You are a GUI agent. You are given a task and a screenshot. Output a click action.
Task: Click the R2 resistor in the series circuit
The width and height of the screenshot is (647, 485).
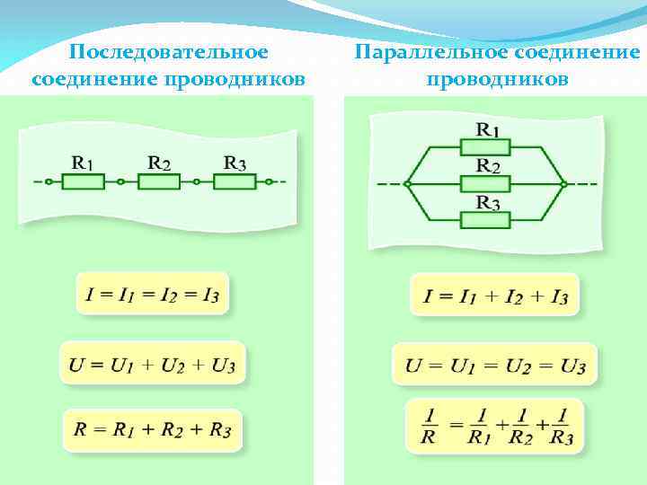click(158, 181)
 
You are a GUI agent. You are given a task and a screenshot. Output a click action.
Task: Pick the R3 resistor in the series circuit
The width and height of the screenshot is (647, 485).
click(235, 181)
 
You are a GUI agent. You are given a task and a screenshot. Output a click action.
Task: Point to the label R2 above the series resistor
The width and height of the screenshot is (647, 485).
click(159, 163)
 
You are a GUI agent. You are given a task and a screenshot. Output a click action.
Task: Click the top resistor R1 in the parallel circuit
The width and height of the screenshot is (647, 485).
click(485, 146)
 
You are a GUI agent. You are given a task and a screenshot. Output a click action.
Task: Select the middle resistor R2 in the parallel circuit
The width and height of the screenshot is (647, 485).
click(485, 183)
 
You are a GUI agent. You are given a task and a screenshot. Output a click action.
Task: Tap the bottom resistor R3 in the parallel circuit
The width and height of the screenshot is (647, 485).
click(485, 219)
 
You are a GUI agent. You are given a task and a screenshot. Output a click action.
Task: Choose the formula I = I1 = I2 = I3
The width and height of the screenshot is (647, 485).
click(152, 293)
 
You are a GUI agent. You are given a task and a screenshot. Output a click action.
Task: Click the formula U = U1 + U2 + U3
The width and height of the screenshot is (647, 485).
click(152, 364)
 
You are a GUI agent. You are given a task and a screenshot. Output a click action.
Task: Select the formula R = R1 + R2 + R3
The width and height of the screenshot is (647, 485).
click(152, 431)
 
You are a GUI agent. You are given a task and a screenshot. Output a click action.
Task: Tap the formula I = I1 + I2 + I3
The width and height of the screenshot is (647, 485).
click(495, 295)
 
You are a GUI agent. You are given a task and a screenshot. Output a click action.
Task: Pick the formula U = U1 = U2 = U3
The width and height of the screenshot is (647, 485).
click(495, 365)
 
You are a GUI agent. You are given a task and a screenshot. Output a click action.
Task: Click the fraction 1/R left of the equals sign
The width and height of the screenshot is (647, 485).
click(430, 426)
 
